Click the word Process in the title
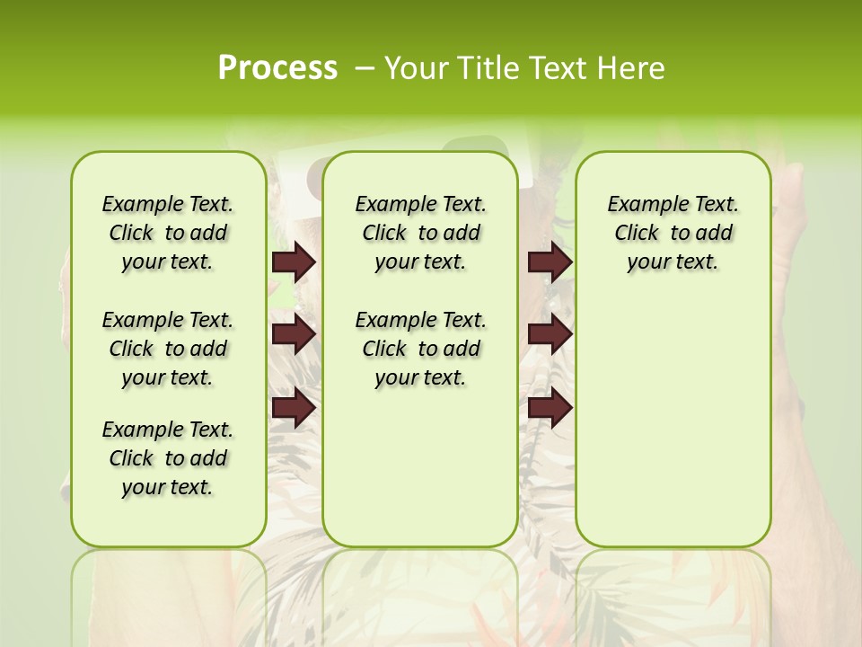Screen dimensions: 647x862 pyautogui.click(x=277, y=68)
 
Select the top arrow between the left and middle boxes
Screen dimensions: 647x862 pyautogui.click(x=294, y=261)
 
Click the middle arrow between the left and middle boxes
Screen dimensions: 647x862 pyautogui.click(x=294, y=334)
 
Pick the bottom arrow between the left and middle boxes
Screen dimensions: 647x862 pyautogui.click(x=294, y=407)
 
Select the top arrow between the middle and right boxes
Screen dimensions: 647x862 pyautogui.click(x=550, y=261)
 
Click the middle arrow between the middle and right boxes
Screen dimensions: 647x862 pyautogui.click(x=550, y=334)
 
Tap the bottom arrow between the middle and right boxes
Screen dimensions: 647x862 pyautogui.click(x=550, y=407)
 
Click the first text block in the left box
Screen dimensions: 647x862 pyautogui.click(x=168, y=233)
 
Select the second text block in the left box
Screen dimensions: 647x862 pyautogui.click(x=168, y=349)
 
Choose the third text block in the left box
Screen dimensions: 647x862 pyautogui.click(x=168, y=458)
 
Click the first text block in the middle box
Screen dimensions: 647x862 pyautogui.click(x=420, y=233)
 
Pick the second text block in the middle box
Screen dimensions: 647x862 pyautogui.click(x=420, y=349)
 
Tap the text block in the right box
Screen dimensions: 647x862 pyautogui.click(x=673, y=233)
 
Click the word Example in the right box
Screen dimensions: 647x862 pyautogui.click(x=639, y=205)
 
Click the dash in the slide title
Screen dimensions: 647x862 pyautogui.click(x=365, y=68)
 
